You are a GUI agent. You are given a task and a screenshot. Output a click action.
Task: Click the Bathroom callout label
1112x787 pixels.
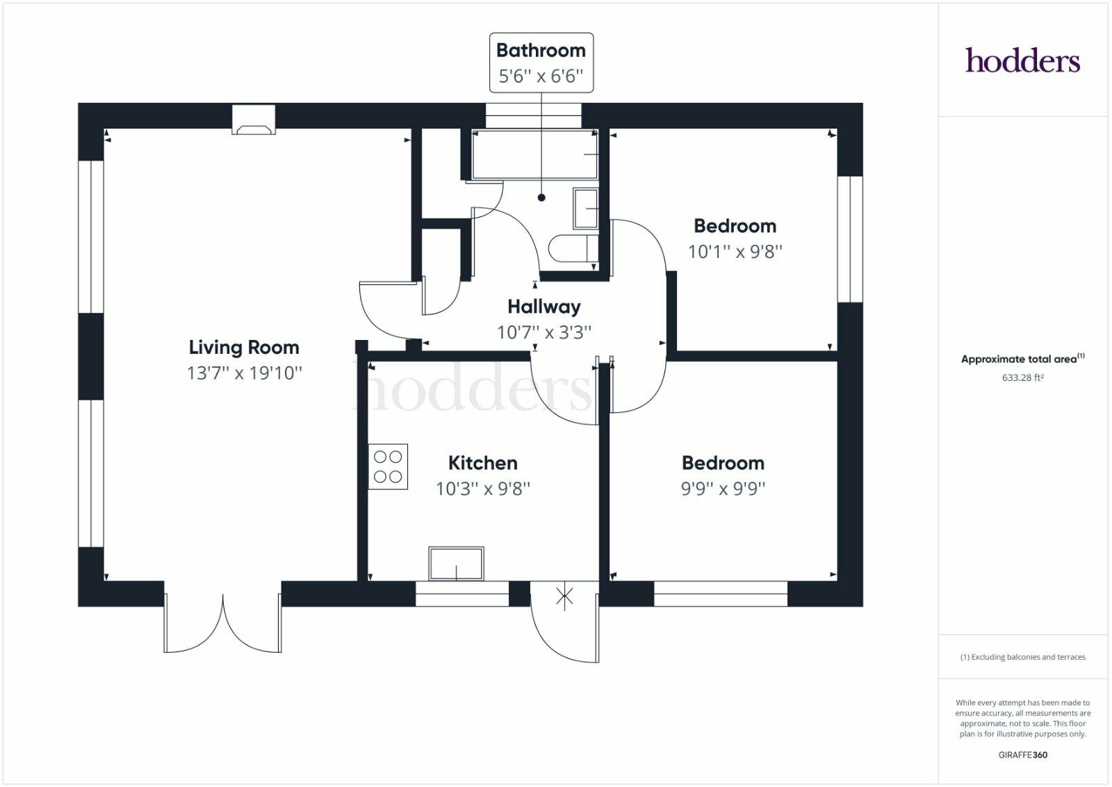[541, 51]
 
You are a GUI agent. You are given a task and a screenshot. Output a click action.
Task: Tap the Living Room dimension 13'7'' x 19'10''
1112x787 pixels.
[244, 373]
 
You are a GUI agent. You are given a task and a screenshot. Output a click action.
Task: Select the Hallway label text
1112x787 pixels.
[543, 307]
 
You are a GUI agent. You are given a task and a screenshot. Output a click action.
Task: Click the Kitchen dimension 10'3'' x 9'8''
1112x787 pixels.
[482, 489]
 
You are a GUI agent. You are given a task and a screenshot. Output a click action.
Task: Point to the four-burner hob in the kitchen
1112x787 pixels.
[388, 466]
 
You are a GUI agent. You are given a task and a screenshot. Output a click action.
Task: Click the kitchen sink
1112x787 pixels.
[456, 564]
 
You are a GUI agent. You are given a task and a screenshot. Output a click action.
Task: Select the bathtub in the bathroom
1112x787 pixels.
[534, 155]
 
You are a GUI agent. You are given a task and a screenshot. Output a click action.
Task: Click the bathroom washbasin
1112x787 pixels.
[585, 209]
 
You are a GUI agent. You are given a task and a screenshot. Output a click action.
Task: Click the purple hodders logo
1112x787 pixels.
[1022, 61]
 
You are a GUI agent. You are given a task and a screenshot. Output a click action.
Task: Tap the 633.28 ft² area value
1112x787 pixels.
[1022, 378]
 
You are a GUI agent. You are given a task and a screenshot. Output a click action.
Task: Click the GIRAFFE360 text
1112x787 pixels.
[1022, 754]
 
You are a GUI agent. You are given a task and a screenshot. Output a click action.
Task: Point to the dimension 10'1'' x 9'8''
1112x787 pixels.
[735, 252]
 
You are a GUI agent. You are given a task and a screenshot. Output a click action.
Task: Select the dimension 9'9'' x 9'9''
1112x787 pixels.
[723, 489]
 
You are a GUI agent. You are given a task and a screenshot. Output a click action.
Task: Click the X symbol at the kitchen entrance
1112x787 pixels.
[564, 596]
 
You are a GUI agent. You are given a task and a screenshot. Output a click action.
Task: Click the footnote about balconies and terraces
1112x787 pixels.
[1022, 657]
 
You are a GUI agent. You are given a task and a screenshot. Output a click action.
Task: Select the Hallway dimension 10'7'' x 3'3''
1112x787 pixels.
[543, 332]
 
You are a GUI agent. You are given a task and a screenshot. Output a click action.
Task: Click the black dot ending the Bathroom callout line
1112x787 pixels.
[541, 197]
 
